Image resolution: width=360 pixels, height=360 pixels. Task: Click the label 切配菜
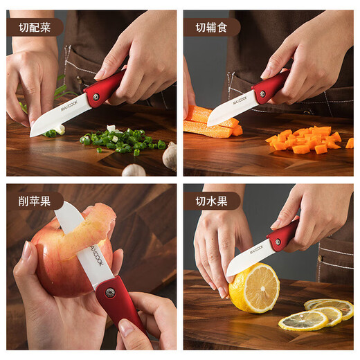34,28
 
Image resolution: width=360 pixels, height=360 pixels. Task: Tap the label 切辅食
210,28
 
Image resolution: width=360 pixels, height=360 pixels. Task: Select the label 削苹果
34,201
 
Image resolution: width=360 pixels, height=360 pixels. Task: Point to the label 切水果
210,201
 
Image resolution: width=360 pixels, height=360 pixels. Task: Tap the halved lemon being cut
253,287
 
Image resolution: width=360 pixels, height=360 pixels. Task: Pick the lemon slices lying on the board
318,315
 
